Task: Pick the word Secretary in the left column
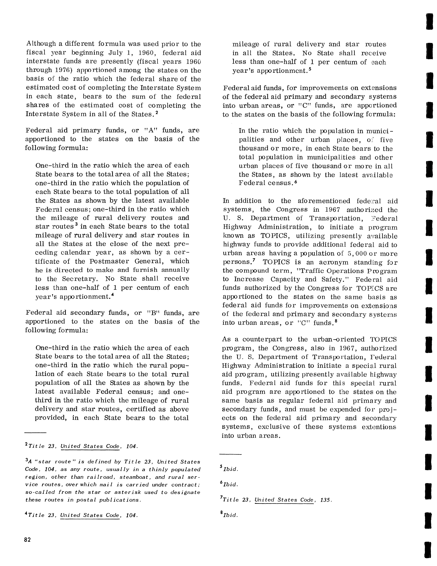click(82, 279)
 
